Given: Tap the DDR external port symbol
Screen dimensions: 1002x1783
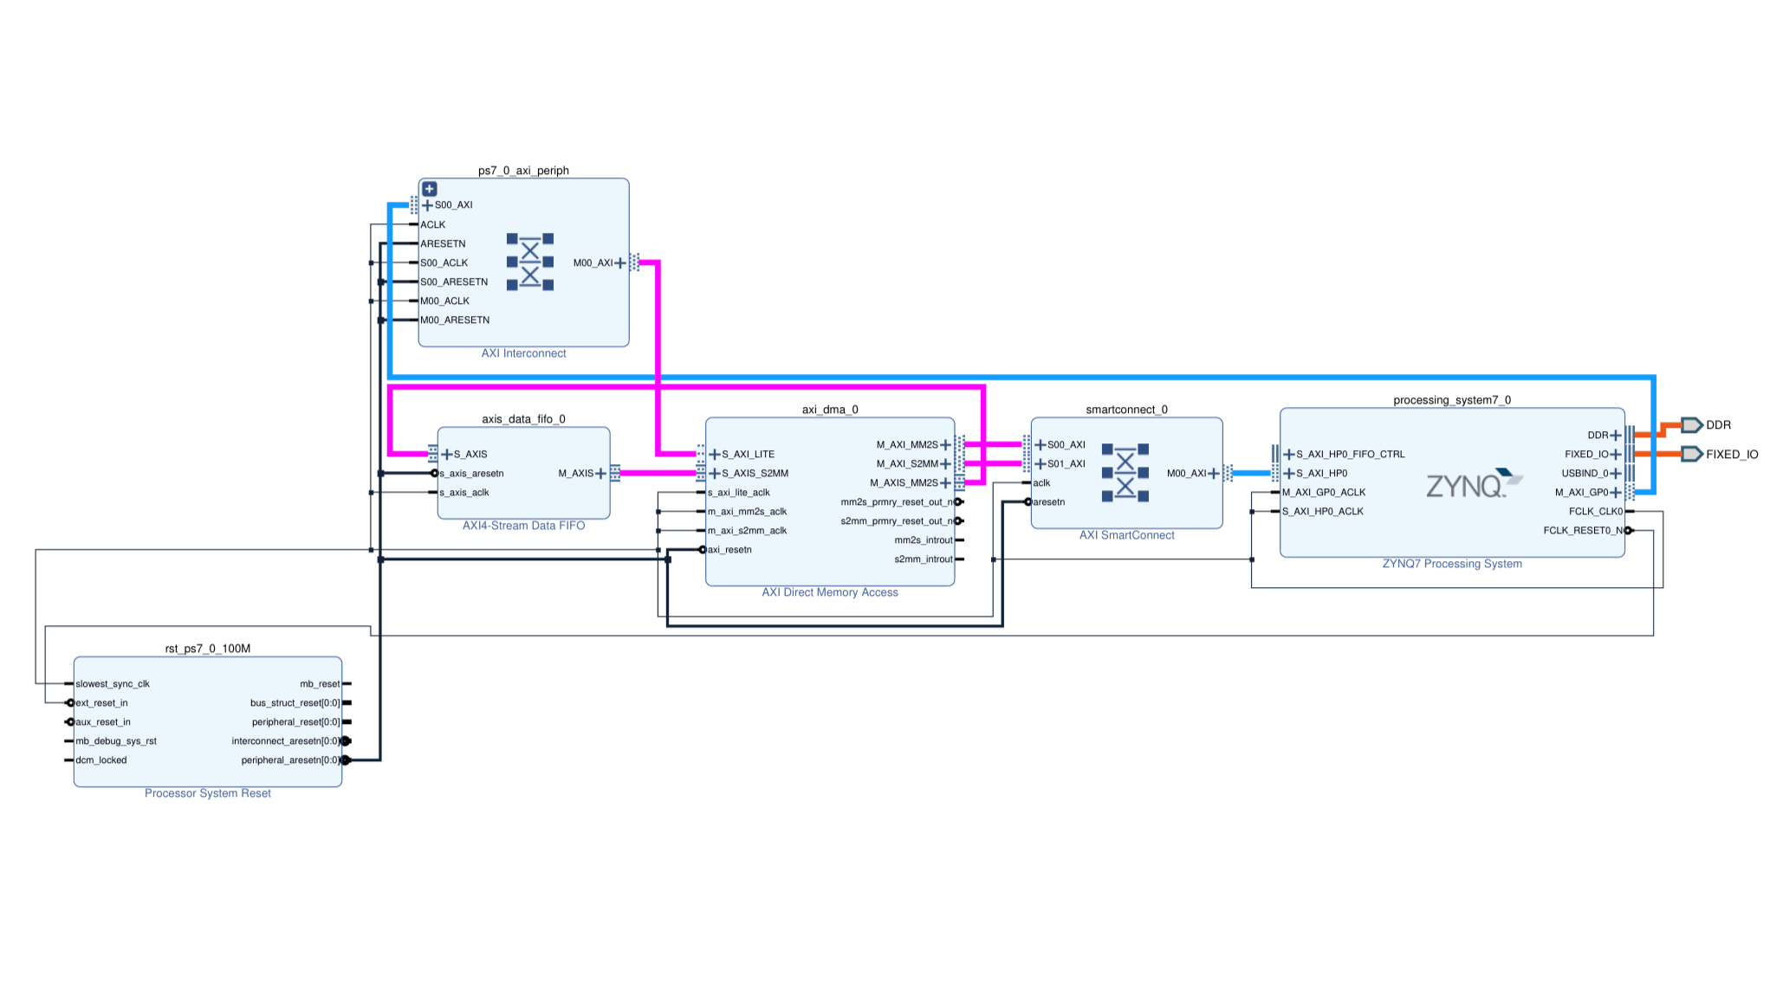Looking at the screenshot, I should (1691, 425).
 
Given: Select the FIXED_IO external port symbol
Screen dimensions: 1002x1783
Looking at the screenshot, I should (1691, 454).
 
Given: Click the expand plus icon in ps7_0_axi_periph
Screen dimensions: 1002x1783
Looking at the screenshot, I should (430, 189).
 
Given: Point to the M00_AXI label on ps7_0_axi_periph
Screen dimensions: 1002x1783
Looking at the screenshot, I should (593, 263).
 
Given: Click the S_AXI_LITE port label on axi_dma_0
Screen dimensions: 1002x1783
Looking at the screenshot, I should (748, 455).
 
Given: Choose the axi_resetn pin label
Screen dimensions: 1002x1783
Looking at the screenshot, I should (729, 550).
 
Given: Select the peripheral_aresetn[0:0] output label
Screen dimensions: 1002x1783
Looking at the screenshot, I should (290, 760).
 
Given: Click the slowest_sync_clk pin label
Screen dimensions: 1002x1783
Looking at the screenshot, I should (113, 684).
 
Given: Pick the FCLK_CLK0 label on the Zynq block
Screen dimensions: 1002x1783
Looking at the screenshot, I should (1595, 512).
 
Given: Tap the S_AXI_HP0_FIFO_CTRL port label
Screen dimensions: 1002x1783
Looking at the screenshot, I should (1350, 455).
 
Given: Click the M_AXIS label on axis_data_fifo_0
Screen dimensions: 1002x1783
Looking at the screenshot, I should (575, 474).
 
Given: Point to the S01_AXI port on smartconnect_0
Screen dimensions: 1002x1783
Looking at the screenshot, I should (1066, 464).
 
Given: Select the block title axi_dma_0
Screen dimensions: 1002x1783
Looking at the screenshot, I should (830, 410).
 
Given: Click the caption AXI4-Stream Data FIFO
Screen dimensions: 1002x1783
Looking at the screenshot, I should (523, 526).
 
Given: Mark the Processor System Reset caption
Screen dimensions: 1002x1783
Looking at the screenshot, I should (208, 793).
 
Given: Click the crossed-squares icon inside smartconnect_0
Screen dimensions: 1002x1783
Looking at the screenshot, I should (1125, 473).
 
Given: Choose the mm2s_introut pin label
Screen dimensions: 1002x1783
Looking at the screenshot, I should (923, 540).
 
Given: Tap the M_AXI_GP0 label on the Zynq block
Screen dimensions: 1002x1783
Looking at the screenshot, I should (1581, 493).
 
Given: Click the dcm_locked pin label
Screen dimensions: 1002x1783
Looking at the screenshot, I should (101, 760).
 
